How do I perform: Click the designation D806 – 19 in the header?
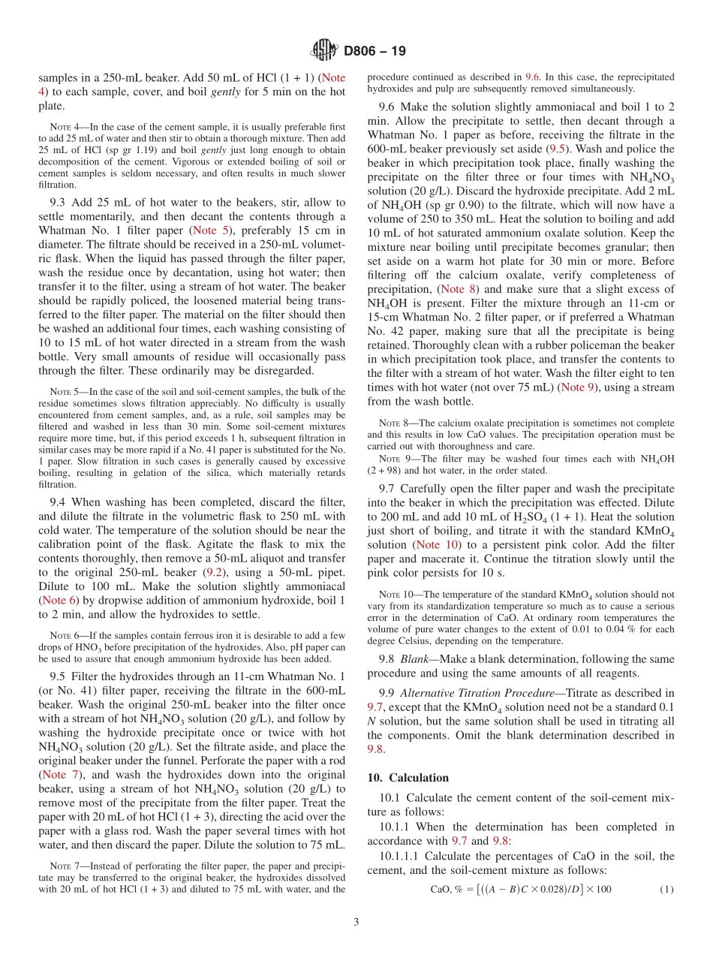[375, 51]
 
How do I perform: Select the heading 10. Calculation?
[408, 778]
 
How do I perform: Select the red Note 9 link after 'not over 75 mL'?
[582, 387]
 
